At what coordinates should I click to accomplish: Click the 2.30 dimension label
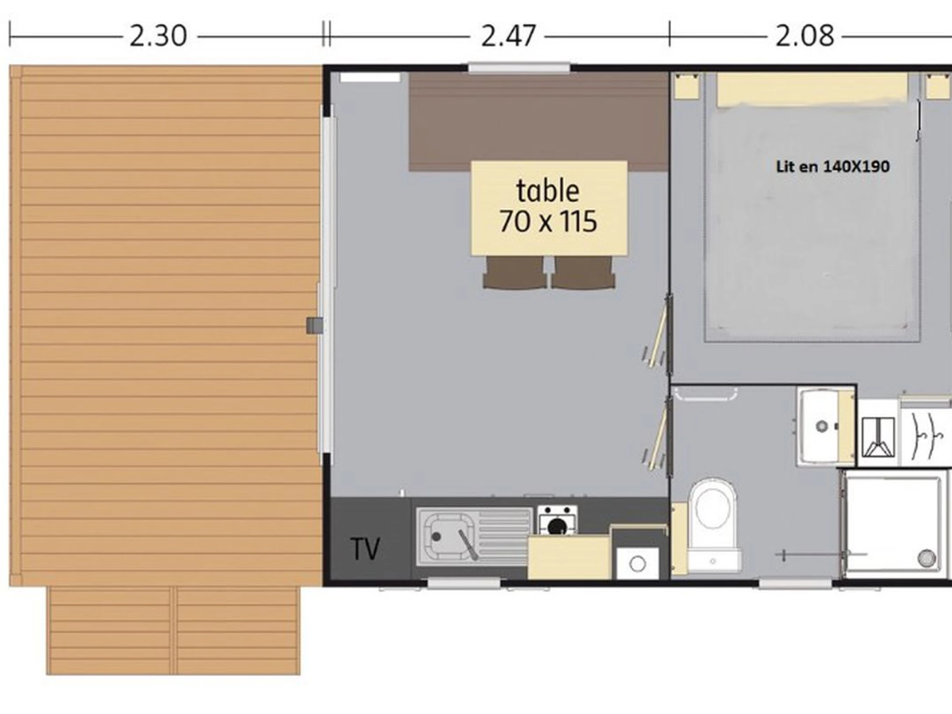(158, 36)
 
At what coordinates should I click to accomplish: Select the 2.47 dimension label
(508, 36)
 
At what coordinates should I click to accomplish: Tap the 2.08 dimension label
(804, 36)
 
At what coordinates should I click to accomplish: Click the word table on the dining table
(547, 191)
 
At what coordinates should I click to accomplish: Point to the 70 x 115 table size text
(548, 221)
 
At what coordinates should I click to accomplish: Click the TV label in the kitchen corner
(365, 549)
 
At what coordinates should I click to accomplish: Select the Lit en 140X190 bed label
(832, 167)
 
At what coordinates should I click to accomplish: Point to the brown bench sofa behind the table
(538, 121)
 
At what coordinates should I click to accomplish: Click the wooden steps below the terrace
(173, 631)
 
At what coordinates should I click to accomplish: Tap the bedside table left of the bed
(687, 86)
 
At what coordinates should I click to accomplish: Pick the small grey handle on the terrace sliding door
(315, 326)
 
